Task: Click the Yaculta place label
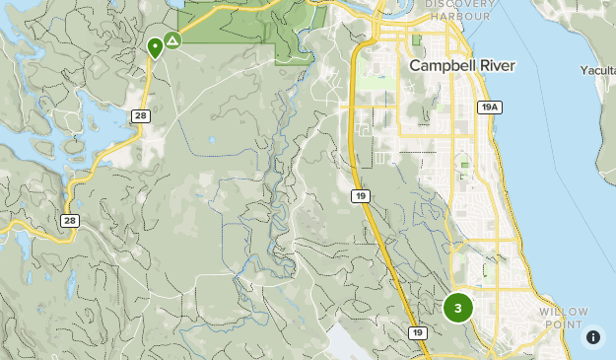tap(597, 70)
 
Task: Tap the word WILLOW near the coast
tap(564, 312)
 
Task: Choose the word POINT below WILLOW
tap(564, 324)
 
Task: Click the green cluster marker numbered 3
tap(457, 308)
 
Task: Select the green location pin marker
tap(155, 46)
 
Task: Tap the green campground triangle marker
tap(172, 40)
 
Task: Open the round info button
tap(593, 337)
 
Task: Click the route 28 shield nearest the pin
tap(141, 116)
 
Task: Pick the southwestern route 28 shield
tap(69, 221)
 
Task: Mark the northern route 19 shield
tap(361, 197)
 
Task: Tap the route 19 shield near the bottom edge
tap(419, 332)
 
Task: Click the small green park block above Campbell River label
tap(416, 40)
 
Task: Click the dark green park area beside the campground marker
tap(227, 25)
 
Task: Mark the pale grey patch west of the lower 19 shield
tap(345, 340)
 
